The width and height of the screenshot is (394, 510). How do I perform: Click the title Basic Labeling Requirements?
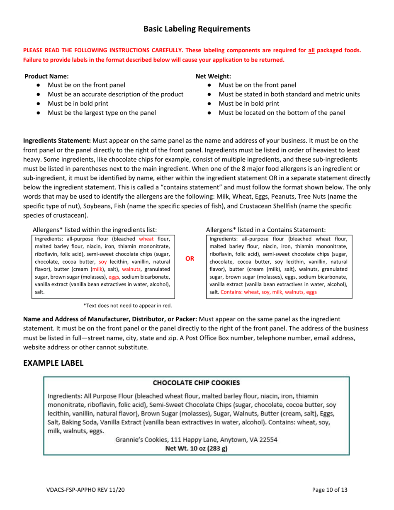(197, 29)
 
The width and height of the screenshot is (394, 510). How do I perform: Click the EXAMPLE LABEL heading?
(53, 362)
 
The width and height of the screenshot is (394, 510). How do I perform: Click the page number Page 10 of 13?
(330, 490)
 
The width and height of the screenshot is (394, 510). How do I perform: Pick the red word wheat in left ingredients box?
(146, 239)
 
